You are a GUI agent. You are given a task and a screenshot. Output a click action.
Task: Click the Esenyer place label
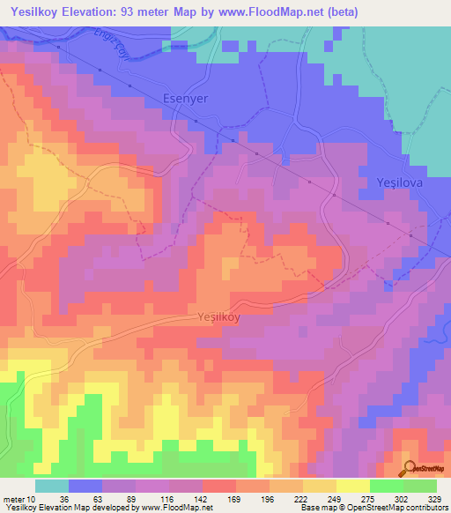186,99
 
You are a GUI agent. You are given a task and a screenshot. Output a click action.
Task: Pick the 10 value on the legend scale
32,500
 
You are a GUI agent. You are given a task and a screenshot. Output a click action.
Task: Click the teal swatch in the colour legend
51,486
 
